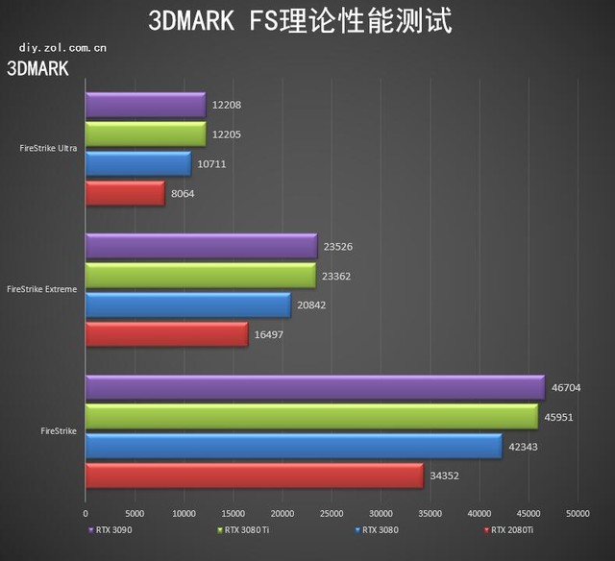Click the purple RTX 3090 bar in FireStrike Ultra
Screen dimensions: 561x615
click(x=145, y=105)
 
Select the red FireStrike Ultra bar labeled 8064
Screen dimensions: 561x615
click(x=125, y=194)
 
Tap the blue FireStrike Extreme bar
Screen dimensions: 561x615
click(x=187, y=305)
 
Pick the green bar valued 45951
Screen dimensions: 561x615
click(x=310, y=417)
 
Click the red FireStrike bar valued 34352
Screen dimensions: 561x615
click(x=254, y=476)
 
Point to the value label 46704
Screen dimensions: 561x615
click(x=567, y=388)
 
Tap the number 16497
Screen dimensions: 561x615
click(x=270, y=335)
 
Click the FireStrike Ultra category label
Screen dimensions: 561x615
click(x=48, y=149)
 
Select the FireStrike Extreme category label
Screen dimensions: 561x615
click(x=42, y=289)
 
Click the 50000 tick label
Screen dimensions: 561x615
click(x=577, y=515)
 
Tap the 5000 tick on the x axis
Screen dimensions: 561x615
click(x=135, y=515)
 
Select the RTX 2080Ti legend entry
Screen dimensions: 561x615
click(x=507, y=529)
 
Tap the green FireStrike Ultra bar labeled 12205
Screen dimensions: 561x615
click(x=145, y=134)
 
